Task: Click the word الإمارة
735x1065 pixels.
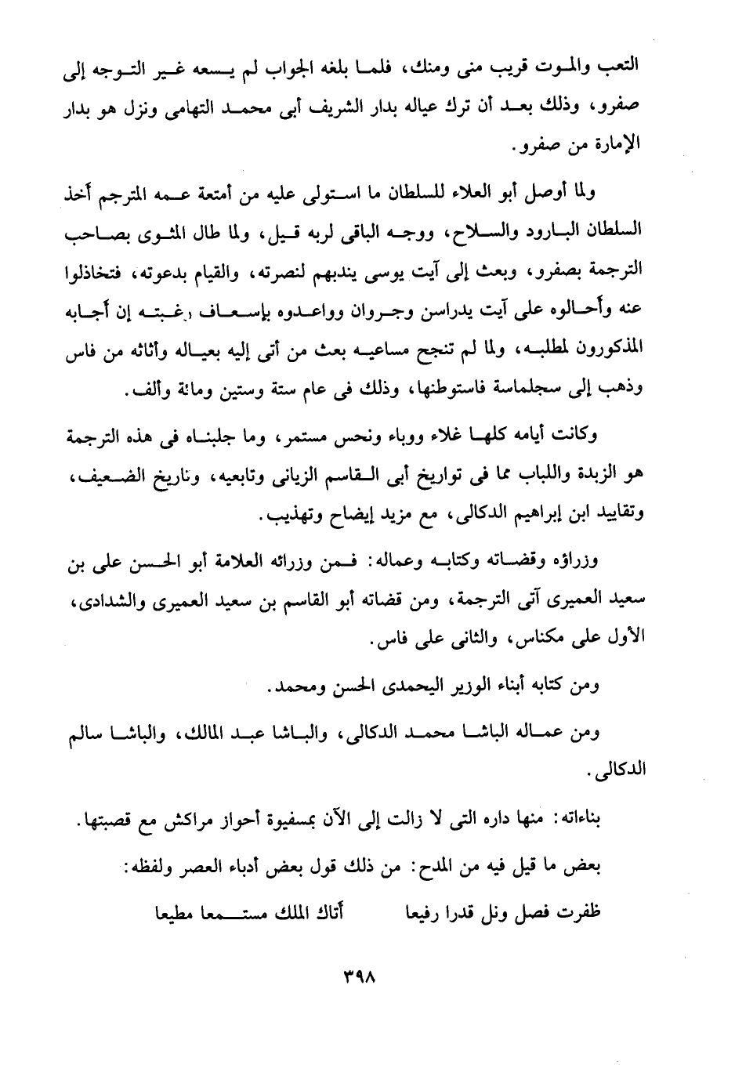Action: [617, 147]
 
